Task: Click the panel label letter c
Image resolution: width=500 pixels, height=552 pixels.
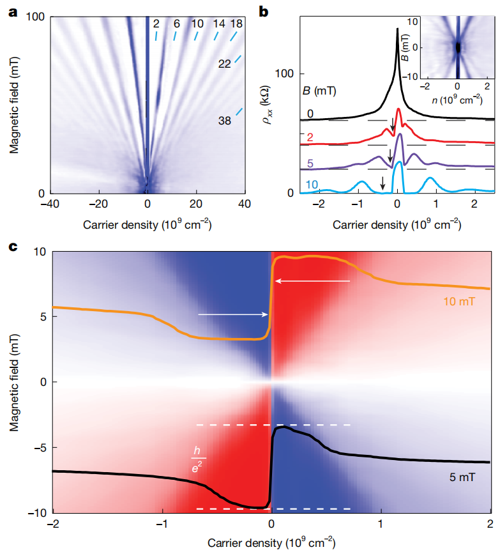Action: coord(12,245)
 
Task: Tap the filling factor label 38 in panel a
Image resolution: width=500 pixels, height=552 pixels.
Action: coord(225,120)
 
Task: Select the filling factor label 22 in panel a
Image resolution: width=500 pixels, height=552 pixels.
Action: coord(225,65)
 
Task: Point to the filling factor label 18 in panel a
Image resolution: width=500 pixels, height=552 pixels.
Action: coord(236,24)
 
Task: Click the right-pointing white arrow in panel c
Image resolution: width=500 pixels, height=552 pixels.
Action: coord(233,314)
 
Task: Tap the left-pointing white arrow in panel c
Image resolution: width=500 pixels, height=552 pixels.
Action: coord(313,280)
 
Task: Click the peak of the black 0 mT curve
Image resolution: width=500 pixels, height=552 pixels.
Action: coord(397,29)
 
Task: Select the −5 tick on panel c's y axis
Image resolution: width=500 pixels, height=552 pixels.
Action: coord(40,447)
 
